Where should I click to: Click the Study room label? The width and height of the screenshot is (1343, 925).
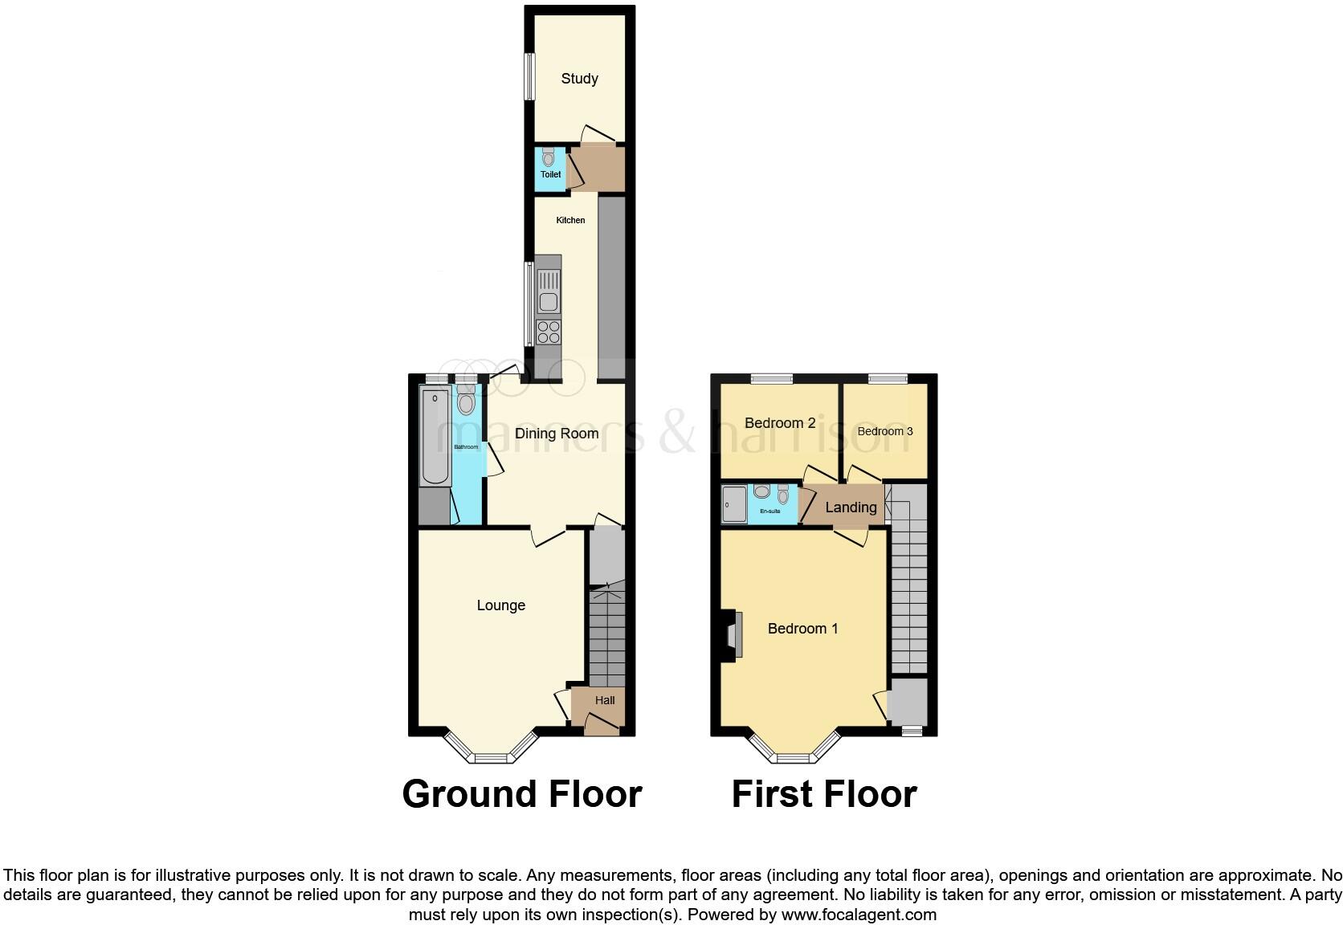point(579,79)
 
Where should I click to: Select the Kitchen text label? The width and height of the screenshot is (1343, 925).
point(570,220)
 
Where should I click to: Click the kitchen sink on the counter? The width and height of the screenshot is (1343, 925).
point(549,302)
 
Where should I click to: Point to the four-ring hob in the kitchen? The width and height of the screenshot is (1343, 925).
point(549,332)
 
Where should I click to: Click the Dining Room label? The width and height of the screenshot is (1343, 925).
point(557,434)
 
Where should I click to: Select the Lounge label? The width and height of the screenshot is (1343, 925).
point(500,605)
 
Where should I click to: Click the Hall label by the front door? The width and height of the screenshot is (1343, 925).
point(605,700)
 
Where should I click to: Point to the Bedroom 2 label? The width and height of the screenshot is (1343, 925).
point(780,423)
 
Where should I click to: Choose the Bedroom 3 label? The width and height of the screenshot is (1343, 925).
point(885,431)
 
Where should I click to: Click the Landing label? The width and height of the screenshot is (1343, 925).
point(851,507)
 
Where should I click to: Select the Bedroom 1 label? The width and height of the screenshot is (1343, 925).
point(802,629)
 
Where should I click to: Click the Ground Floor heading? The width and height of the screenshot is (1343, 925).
point(522,794)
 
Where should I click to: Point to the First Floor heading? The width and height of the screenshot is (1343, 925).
point(823,794)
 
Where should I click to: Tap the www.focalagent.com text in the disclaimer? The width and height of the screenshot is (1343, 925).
point(859,915)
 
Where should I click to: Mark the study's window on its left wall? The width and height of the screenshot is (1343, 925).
point(529,76)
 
